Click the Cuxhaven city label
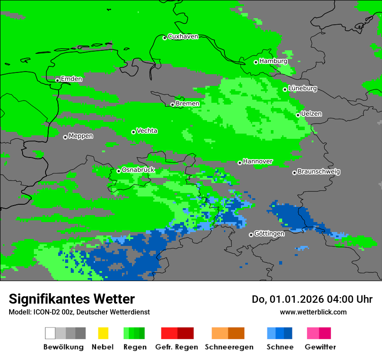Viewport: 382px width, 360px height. [183, 36]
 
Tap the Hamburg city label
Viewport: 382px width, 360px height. [273, 61]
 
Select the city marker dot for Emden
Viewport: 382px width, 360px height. [57, 80]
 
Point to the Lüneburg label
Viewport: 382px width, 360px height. [303, 88]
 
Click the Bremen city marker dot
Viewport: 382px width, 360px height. [172, 105]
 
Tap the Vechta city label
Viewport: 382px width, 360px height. [147, 131]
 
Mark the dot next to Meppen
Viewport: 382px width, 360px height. [65, 137]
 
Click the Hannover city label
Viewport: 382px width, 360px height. [258, 161]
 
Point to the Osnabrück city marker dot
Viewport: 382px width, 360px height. [119, 171]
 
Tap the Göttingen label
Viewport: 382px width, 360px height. [269, 234]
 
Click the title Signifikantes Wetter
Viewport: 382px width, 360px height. [72, 299]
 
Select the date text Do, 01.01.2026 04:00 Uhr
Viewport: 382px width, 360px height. [312, 299]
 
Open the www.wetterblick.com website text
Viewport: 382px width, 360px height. [313, 312]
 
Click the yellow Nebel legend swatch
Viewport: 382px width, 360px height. [103, 333]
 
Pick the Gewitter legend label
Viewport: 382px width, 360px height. [320, 347]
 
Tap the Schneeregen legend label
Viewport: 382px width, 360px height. [229, 347]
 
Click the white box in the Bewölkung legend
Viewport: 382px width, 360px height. [50, 333]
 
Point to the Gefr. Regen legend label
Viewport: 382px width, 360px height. [176, 347]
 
